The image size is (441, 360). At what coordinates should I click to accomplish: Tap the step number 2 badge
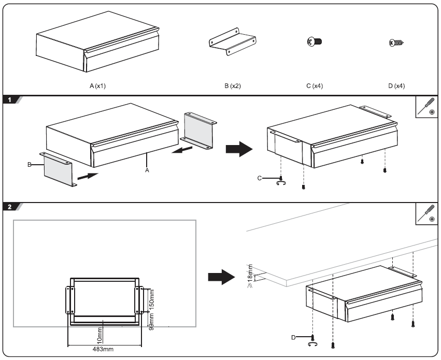[11, 207]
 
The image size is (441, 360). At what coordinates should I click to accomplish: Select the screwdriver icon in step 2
[428, 213]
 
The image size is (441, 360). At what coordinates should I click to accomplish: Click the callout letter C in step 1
[260, 178]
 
